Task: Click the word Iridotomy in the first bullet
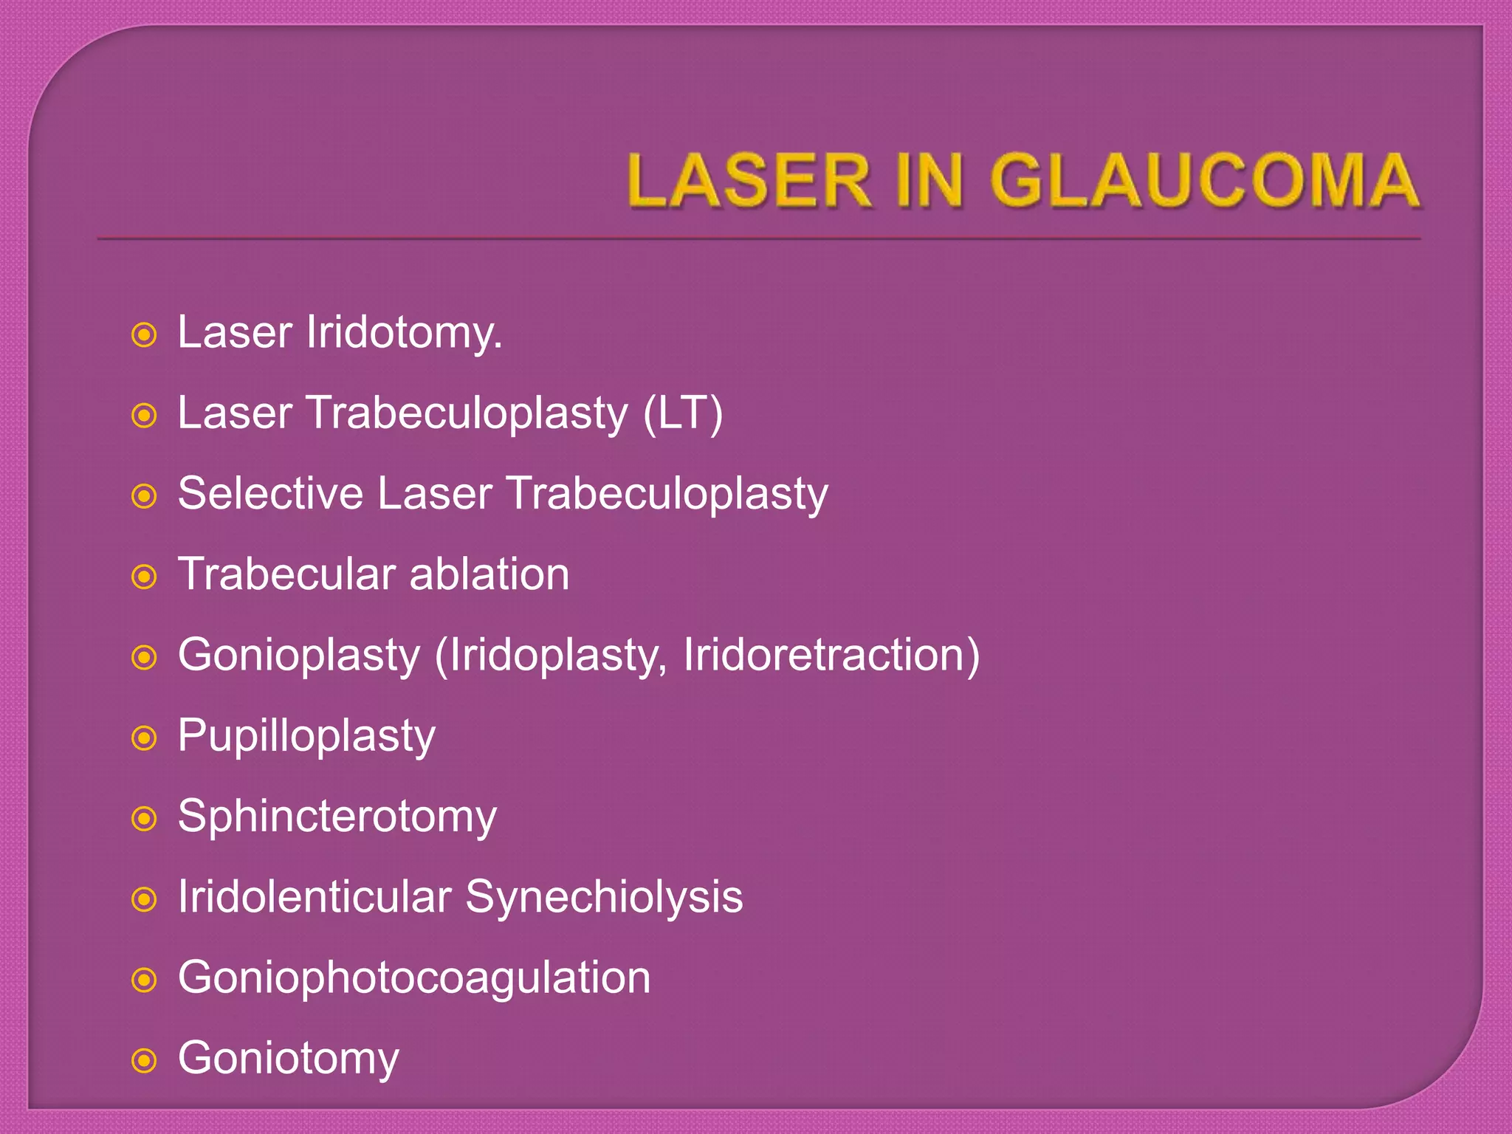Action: [403, 333]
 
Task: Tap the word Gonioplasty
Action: [299, 656]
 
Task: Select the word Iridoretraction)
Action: [831, 655]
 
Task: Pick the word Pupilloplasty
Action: [306, 737]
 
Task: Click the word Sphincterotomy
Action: [337, 817]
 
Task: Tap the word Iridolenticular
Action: [315, 897]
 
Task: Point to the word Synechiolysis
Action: [604, 898]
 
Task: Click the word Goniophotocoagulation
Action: [414, 978]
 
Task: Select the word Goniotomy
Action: [289, 1059]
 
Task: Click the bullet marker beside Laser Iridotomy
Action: [144, 335]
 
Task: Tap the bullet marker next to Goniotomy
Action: [144, 1061]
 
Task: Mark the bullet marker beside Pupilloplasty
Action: [144, 738]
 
